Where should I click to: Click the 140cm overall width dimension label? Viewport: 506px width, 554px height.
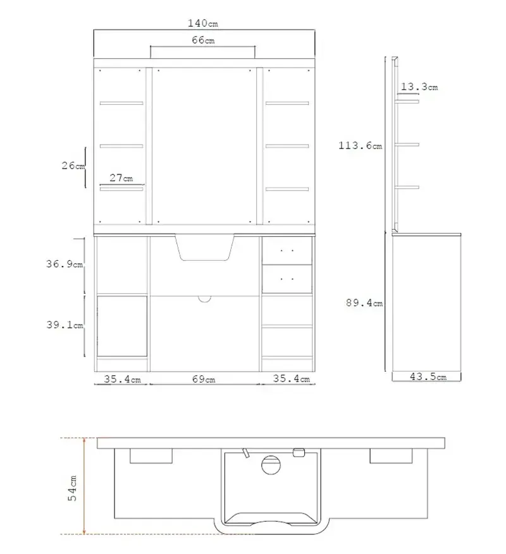[x=203, y=23]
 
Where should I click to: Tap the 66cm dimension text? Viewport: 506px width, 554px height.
[x=203, y=40]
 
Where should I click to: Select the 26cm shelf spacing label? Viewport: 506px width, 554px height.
[x=73, y=166]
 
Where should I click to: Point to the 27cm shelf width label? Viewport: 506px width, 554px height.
[x=121, y=178]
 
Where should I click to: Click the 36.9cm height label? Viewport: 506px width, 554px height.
[x=65, y=264]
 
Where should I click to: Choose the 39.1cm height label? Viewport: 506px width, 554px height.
[x=65, y=325]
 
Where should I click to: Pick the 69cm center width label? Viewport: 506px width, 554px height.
[x=204, y=379]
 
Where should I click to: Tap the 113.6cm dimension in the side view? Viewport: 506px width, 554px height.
[x=361, y=145]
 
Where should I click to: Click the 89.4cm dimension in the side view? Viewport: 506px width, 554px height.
[x=364, y=303]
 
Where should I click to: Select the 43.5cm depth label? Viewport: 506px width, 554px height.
[x=428, y=376]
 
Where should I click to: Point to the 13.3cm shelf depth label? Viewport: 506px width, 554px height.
[x=419, y=87]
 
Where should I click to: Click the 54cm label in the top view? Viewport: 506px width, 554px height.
[x=72, y=488]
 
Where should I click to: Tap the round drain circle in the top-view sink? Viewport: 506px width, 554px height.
[x=271, y=465]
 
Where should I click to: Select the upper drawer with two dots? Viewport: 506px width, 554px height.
[x=287, y=251]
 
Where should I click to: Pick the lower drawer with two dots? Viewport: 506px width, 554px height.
[x=287, y=279]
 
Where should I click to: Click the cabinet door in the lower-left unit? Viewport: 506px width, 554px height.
[x=122, y=326]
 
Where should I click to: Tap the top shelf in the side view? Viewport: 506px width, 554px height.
[x=407, y=102]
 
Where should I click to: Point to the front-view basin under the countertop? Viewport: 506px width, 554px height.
[x=204, y=248]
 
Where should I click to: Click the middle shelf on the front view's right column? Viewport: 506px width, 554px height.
[x=287, y=146]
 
